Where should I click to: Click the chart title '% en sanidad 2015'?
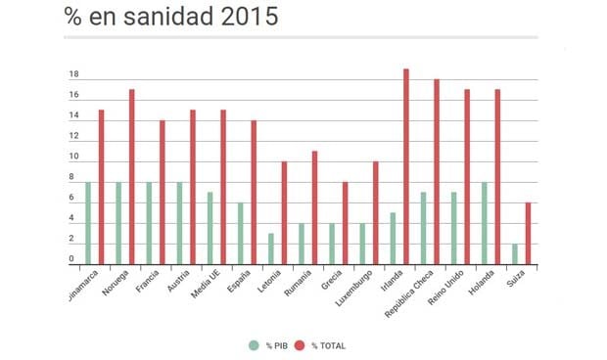tap(170, 17)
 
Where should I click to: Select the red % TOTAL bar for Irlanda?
tap(405, 166)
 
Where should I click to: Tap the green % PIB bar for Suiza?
tap(514, 253)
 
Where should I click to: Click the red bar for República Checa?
tap(436, 171)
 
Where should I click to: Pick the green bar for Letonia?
tap(270, 248)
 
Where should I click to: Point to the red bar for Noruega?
tap(131, 176)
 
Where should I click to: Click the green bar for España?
tap(240, 233)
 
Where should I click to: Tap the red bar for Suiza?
tap(528, 233)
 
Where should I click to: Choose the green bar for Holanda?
tap(484, 223)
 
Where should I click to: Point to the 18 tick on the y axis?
tap(73, 75)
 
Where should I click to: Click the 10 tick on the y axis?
tap(73, 157)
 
